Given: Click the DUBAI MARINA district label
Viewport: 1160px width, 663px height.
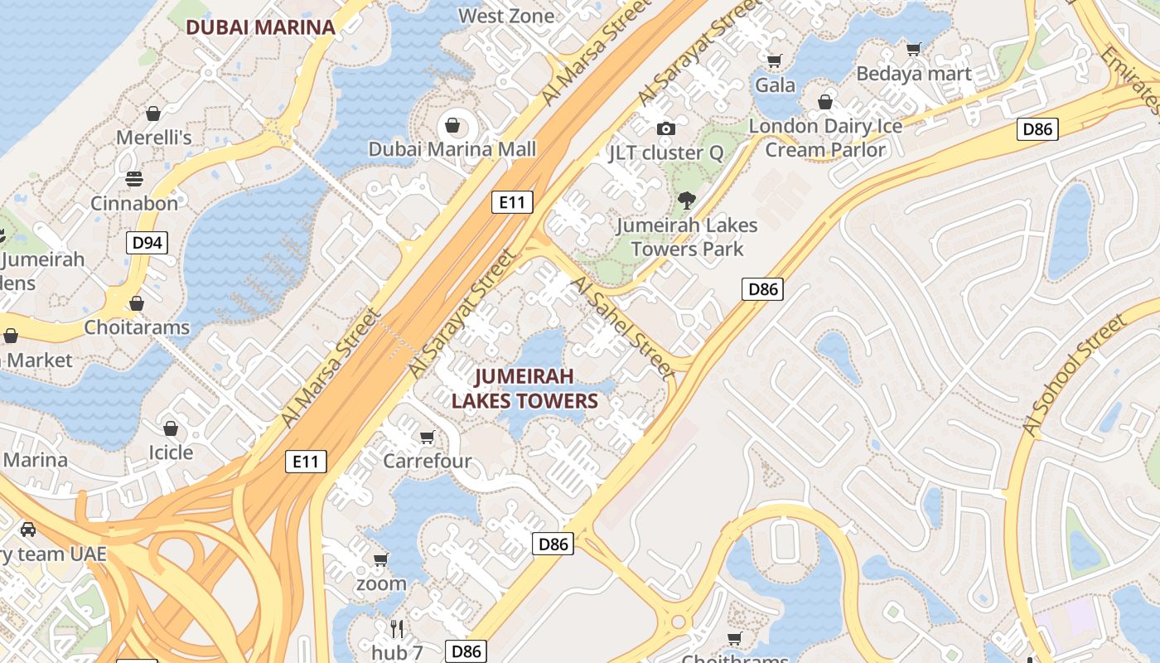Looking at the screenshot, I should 260,27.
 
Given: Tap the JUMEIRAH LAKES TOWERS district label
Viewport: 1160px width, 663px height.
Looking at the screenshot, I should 524,390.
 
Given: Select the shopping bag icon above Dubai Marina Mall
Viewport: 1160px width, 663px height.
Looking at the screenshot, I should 452,125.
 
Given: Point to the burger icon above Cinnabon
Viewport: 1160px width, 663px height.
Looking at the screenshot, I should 133,179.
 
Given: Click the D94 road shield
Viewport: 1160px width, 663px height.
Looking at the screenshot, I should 147,243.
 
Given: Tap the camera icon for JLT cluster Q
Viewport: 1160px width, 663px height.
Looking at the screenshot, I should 665,128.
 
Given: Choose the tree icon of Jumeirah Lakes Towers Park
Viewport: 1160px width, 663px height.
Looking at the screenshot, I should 686,200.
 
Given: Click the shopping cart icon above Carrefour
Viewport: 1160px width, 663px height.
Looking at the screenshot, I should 428,437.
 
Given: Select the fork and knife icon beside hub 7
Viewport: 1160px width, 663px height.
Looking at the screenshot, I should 397,627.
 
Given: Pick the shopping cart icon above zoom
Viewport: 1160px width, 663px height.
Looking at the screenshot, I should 381,559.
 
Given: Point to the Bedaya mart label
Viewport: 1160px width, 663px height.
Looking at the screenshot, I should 914,74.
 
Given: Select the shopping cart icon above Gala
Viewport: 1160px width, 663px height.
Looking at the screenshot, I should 775,60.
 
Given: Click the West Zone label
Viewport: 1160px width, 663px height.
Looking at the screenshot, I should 506,16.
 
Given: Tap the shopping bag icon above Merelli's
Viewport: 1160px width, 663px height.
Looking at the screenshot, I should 153,113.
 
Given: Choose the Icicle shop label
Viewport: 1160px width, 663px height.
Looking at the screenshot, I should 171,452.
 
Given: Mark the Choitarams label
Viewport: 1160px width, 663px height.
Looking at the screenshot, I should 137,327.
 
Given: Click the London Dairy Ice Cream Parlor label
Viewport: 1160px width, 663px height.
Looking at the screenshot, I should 825,138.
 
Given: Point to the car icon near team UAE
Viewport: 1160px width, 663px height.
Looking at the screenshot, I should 28,530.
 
